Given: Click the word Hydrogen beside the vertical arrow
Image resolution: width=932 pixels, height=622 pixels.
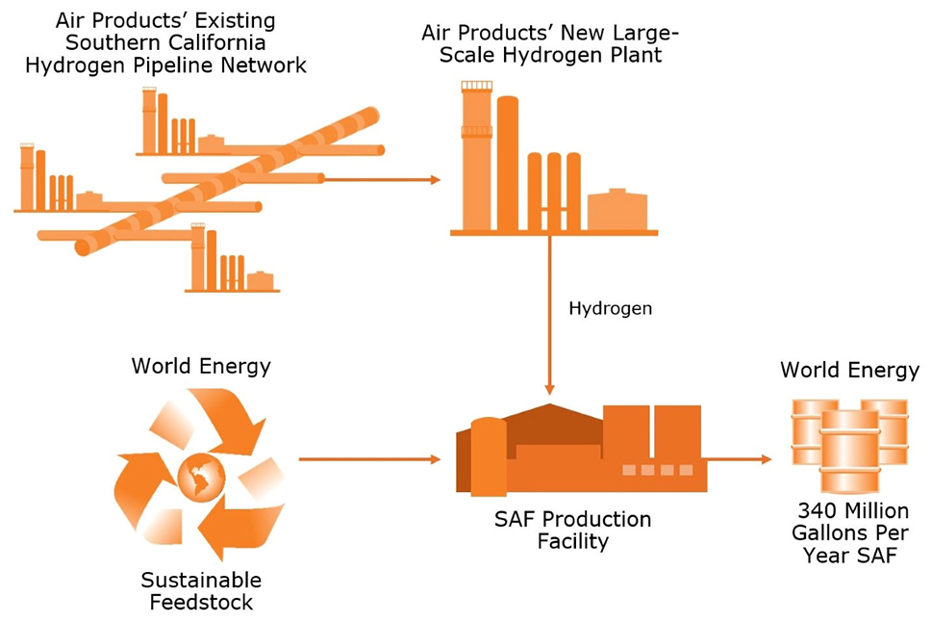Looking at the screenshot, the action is click(610, 309).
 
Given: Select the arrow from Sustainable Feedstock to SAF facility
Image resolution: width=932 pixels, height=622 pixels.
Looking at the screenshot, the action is click(369, 459).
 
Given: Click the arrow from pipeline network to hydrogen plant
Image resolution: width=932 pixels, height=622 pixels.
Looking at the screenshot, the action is click(382, 178).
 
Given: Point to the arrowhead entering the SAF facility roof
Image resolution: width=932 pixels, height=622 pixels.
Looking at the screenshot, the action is click(549, 389).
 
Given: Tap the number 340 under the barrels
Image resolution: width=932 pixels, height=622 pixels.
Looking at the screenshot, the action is click(816, 510).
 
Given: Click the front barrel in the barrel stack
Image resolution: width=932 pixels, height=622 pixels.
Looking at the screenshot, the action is click(849, 451).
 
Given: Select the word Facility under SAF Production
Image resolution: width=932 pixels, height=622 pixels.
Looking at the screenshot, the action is click(572, 542).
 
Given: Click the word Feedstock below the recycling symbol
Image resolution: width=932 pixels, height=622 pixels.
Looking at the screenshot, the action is click(201, 602).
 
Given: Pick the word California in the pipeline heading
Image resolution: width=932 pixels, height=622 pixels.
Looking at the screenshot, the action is click(216, 42).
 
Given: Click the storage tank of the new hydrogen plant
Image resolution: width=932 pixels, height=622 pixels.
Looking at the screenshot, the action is click(617, 210).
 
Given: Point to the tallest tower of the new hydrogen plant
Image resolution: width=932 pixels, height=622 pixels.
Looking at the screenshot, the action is click(476, 156).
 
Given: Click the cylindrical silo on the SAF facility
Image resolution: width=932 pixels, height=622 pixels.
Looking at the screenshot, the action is click(489, 456).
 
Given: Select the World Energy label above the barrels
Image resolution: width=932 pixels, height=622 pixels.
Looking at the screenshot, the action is click(849, 371).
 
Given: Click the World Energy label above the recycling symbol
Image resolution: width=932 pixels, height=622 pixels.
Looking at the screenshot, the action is click(201, 366).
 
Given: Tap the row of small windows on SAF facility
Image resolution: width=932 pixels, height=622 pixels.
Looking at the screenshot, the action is click(657, 470).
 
